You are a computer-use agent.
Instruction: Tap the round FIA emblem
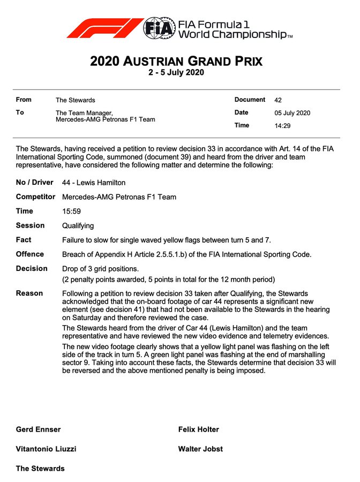coord(159,28)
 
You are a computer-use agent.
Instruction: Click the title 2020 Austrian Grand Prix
coord(176,61)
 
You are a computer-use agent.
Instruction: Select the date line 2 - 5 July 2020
coord(176,72)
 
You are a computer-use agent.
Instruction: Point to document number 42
coord(277,100)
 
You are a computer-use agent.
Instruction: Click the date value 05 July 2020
coord(292,113)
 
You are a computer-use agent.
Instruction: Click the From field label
coord(24,100)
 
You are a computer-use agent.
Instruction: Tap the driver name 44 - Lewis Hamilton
coord(94,183)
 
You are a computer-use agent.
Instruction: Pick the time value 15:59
coord(71,212)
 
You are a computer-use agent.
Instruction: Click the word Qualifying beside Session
coord(78,226)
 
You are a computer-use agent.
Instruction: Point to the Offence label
coord(29,254)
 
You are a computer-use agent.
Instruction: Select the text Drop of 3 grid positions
coord(100,269)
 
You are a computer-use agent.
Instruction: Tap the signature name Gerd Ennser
coord(38,430)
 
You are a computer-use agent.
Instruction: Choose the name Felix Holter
coord(198,430)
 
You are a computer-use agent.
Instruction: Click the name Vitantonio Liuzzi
coord(46,449)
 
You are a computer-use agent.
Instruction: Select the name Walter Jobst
coord(200,449)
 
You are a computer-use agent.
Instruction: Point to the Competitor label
coord(35,197)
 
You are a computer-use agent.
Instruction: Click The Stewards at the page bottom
coord(40,469)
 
